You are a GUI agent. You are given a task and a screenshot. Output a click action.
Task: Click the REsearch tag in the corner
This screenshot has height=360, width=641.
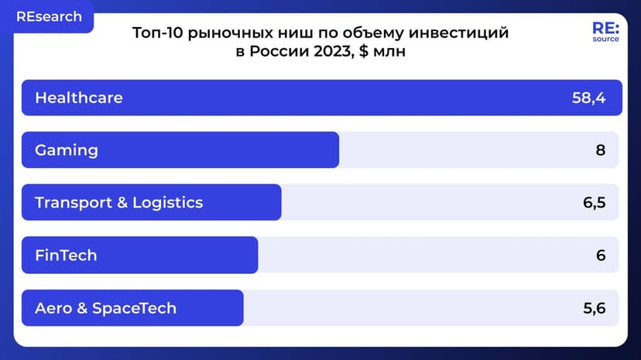(49, 17)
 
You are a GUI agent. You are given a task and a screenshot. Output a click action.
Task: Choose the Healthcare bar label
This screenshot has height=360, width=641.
(79, 98)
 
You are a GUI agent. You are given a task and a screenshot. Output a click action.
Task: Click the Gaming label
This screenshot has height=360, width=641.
(67, 150)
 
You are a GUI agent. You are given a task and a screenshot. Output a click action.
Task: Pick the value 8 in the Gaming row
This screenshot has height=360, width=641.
(600, 150)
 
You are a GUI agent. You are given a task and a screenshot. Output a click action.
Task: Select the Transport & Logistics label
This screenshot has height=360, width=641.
(118, 203)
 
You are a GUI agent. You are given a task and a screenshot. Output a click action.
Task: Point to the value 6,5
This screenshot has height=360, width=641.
(594, 203)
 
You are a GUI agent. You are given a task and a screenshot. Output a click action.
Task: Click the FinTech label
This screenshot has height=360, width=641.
(66, 255)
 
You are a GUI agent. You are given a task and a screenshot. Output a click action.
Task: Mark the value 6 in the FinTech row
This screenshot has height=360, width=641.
(600, 255)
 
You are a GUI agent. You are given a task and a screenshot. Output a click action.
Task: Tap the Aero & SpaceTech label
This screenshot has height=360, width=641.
(105, 308)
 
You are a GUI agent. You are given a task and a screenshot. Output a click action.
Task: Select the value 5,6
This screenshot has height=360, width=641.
(594, 308)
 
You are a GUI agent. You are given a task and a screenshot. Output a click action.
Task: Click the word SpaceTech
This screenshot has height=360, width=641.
(134, 308)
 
